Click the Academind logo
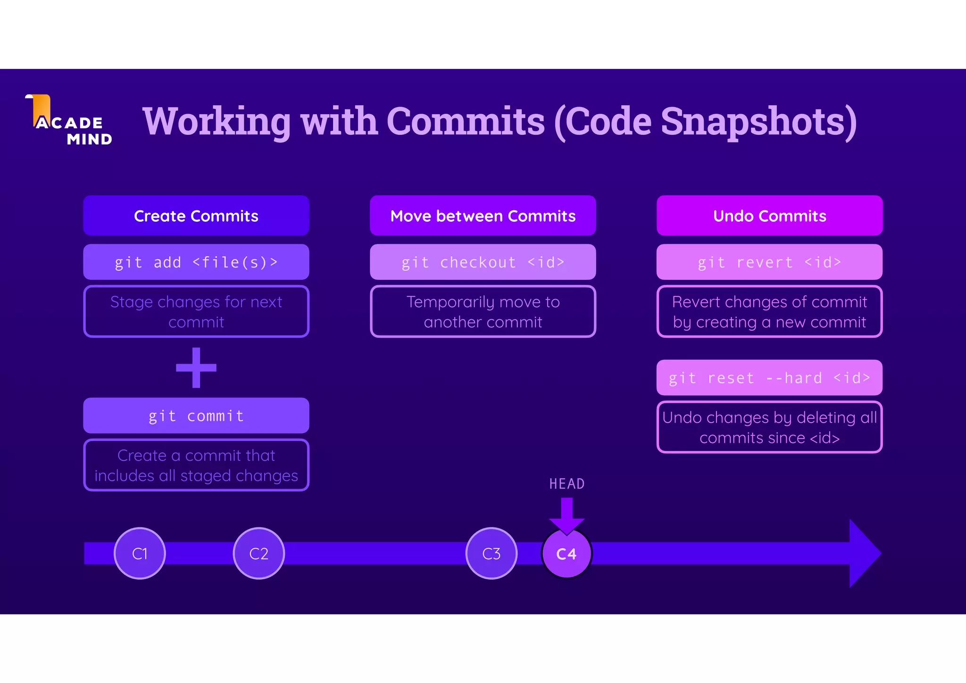tap(69, 121)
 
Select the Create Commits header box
tap(196, 216)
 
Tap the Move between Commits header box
tap(483, 216)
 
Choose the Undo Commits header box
tap(769, 216)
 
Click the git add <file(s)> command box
tap(196, 262)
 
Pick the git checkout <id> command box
tap(483, 262)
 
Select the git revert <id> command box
tap(769, 262)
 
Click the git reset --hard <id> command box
tap(769, 378)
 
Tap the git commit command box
tap(196, 416)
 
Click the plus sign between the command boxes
tap(196, 368)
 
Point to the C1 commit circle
tap(140, 553)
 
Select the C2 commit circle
tap(259, 553)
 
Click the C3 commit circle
tap(491, 553)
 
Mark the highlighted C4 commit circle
tap(566, 554)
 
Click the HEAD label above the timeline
tap(567, 484)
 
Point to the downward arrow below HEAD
tap(567, 515)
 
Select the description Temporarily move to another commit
tap(483, 312)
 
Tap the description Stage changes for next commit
tap(196, 312)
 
